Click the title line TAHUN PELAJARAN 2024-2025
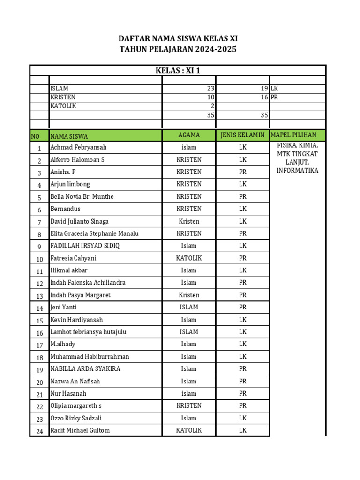[178, 49]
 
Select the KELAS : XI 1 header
[178, 71]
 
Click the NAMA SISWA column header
[69, 136]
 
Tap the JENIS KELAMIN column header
[242, 135]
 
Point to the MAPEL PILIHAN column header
[297, 135]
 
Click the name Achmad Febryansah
[78, 147]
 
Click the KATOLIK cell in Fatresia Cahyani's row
[189, 258]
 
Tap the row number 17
[39, 345]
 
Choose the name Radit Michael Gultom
[80, 430]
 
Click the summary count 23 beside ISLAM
[210, 88]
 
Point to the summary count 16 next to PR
[264, 97]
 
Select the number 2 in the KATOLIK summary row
[212, 106]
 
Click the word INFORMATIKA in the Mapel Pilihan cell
[297, 170]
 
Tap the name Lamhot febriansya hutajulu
[88, 332]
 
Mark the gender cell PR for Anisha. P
[242, 172]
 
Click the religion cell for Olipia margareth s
[189, 405]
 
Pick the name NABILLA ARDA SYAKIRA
[85, 369]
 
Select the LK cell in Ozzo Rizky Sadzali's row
[242, 418]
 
